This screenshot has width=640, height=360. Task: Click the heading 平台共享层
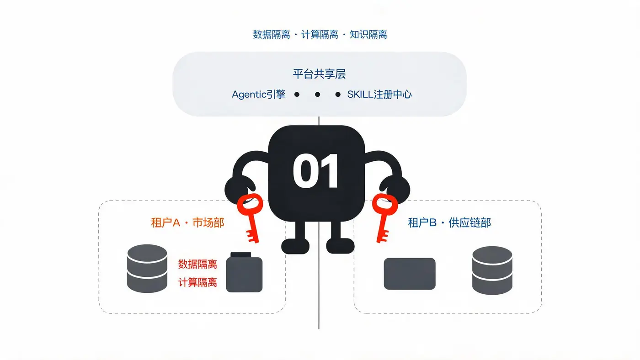tap(319, 74)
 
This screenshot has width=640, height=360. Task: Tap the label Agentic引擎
tap(259, 95)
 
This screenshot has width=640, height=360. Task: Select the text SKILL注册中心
tap(379, 95)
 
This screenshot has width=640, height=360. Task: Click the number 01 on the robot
tap(316, 171)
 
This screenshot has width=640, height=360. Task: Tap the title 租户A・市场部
tap(187, 222)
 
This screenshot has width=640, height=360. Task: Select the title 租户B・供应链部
tap(449, 222)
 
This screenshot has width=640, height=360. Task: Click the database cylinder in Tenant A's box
tap(147, 268)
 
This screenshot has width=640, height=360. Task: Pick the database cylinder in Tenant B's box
tap(492, 270)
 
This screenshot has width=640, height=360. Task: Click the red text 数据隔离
tap(197, 264)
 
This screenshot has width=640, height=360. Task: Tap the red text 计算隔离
tap(197, 282)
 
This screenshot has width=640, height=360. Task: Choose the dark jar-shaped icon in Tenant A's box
tap(244, 272)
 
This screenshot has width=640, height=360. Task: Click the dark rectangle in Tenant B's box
tap(410, 274)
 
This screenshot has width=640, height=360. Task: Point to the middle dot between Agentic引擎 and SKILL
tap(317, 95)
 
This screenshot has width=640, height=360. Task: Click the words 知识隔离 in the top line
tap(368, 35)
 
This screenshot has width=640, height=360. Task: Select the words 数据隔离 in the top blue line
tap(272, 35)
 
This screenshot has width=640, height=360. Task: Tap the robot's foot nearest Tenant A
tap(295, 246)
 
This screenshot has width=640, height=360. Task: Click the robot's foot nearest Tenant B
tap(340, 246)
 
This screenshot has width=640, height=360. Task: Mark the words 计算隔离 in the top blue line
tap(320, 35)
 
